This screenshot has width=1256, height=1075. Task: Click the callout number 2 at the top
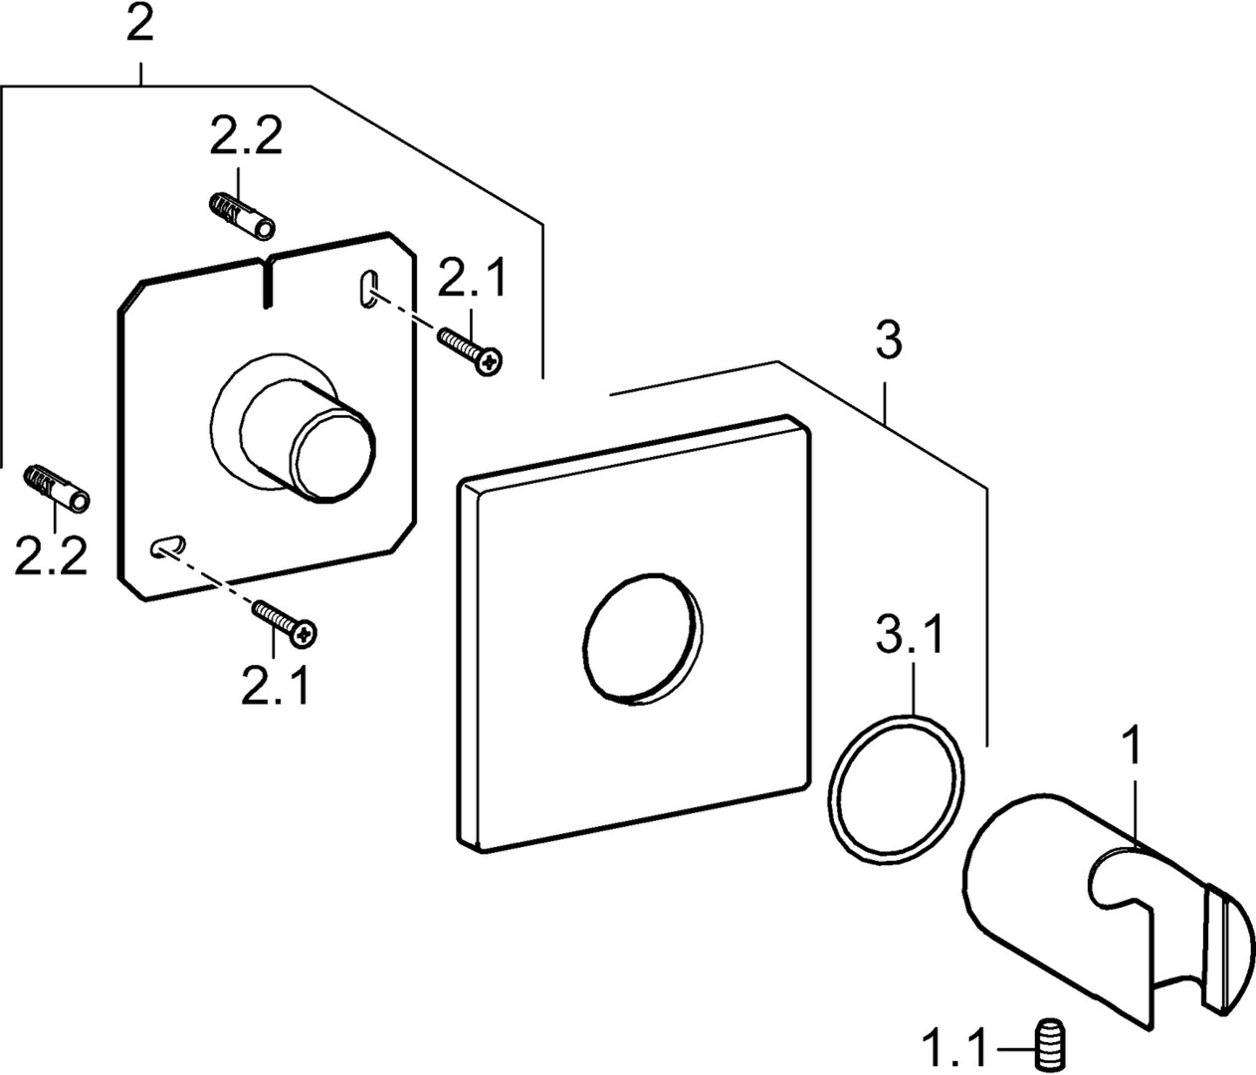(140, 24)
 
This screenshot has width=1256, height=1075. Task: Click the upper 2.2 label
(245, 137)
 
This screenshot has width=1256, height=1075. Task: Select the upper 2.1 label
(472, 282)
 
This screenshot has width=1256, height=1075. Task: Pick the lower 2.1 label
(275, 685)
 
